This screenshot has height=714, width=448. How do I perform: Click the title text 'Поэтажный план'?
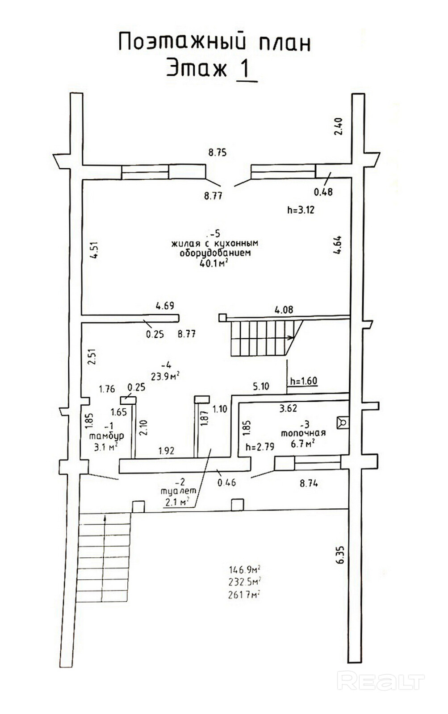coord(214,42)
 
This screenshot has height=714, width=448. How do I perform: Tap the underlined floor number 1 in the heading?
coord(245,69)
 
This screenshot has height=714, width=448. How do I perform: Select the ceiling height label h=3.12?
coord(301,210)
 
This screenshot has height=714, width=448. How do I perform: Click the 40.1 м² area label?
coord(212,263)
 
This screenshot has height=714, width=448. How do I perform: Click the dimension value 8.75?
coord(218,153)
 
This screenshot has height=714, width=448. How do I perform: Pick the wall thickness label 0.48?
coord(323,192)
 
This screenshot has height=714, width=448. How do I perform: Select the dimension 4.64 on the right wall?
coord(337,245)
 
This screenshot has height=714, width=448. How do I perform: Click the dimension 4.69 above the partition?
coord(165,306)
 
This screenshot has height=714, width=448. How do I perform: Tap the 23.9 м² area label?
coord(165,376)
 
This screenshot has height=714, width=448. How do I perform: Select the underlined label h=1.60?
coord(304,381)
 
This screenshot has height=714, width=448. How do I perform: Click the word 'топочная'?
coord(303,432)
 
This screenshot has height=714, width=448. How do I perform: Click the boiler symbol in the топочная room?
coord(343,422)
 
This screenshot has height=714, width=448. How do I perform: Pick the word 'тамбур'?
coord(107,436)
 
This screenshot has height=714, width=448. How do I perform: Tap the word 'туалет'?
coord(178,491)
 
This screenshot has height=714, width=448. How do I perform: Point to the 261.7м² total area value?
coord(244,595)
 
